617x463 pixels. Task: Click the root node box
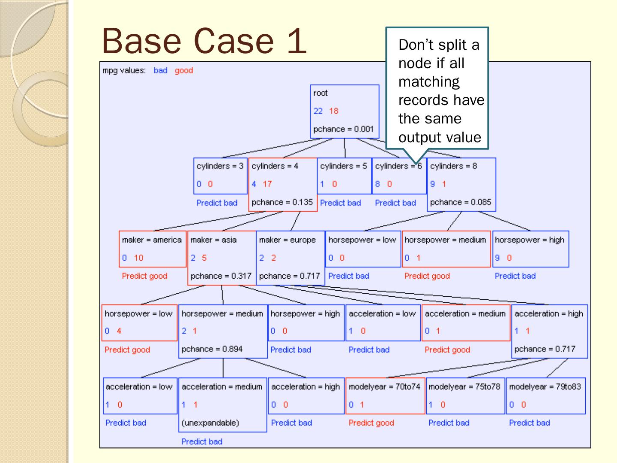[x=344, y=111]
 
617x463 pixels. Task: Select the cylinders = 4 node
[x=283, y=184]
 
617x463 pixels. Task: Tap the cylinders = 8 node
[x=461, y=184]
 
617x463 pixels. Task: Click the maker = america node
[x=153, y=249]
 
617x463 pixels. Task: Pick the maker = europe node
[x=290, y=258]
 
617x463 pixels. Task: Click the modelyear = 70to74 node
[x=385, y=396]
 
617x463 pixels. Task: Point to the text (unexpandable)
[x=210, y=423]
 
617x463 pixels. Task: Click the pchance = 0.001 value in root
[x=344, y=129]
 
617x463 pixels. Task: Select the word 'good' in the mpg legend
[x=184, y=71]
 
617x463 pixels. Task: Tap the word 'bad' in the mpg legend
[x=160, y=71]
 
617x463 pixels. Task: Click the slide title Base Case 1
[x=204, y=41]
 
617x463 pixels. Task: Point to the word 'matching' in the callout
[x=429, y=81]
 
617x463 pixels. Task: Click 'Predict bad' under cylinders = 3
[x=217, y=203]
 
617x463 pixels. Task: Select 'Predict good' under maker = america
[x=144, y=276]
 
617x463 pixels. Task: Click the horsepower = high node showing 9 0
[x=530, y=249]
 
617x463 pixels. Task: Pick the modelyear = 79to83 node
[x=545, y=396]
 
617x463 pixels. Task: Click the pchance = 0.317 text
[x=221, y=276]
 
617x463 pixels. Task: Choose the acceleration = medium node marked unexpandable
[x=222, y=404]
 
